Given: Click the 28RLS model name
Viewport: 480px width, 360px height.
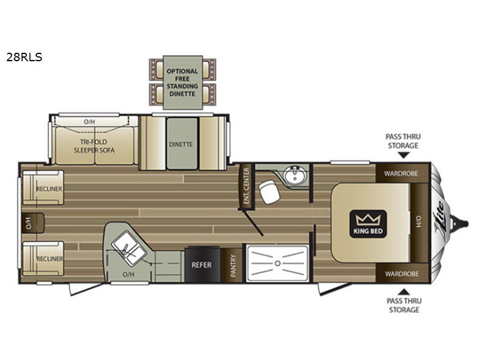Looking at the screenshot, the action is click(24, 57).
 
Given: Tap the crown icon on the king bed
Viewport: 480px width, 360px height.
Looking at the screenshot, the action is click(368, 219).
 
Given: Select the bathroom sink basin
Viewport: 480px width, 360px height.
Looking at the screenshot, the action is click(294, 175).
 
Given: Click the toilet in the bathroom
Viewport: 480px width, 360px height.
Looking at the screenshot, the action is click(269, 191).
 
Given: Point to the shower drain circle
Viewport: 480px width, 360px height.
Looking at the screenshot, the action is click(278, 263).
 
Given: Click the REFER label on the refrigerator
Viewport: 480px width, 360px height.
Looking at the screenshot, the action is click(202, 265).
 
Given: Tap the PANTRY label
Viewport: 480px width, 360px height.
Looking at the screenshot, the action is click(233, 265).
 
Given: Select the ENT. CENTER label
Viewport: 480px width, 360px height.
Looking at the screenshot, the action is click(246, 186).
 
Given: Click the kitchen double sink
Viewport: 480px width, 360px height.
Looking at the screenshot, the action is click(128, 247).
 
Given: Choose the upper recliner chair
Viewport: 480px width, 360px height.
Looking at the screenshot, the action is click(43, 188).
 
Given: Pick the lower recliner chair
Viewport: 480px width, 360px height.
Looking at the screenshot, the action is click(43, 259).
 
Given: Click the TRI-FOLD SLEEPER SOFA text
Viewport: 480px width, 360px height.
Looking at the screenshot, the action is click(94, 146).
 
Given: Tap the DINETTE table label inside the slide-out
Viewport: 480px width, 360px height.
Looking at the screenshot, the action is click(181, 144).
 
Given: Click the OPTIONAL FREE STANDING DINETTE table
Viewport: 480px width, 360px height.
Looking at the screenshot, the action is click(182, 82).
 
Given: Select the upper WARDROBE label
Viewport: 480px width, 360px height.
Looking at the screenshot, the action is click(401, 173).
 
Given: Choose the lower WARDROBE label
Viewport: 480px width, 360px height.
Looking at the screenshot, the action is click(401, 274).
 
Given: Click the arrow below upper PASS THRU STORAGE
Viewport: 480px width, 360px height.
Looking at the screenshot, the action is click(404, 155).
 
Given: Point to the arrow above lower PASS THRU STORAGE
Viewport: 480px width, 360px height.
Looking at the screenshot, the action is click(404, 292).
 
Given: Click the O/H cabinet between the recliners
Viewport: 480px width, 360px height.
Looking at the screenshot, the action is click(33, 223).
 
